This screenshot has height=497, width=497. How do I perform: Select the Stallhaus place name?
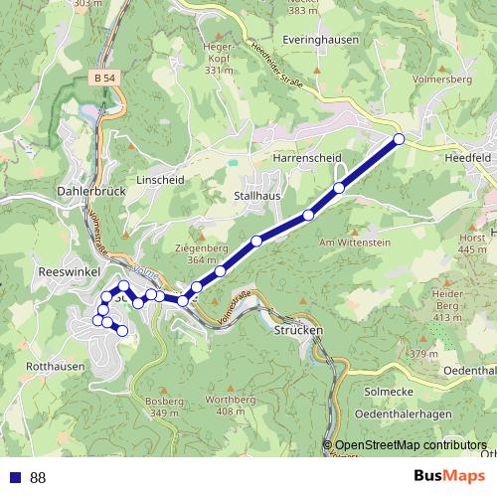point(256,197)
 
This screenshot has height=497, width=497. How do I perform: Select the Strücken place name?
point(297,329)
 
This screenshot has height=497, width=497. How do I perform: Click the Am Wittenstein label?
point(347,243)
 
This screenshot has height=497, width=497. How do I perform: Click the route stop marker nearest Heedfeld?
point(399,139)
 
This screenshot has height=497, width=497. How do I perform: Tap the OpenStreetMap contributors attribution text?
point(411,445)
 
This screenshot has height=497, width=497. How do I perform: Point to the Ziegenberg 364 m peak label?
point(202,253)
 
